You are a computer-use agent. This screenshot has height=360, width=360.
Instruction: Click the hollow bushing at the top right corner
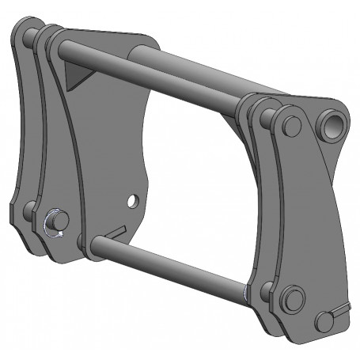[x=332, y=123]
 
